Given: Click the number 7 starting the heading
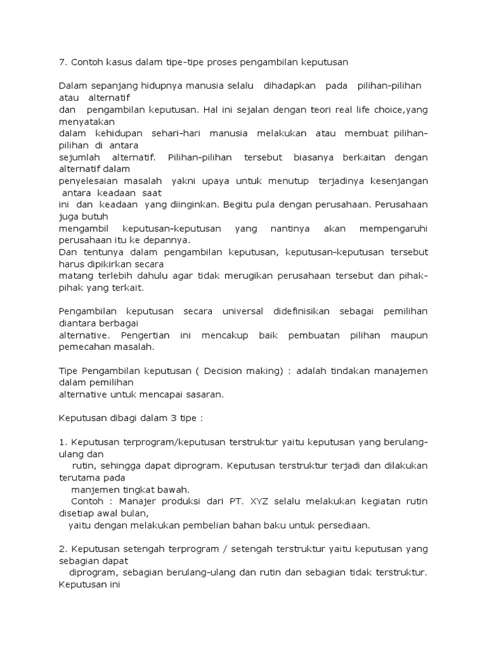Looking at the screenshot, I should coord(62,62).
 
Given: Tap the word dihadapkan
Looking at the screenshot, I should coord(289,86).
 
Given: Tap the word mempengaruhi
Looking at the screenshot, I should coord(393,228).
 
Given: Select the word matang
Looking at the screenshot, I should coord(75,276).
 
